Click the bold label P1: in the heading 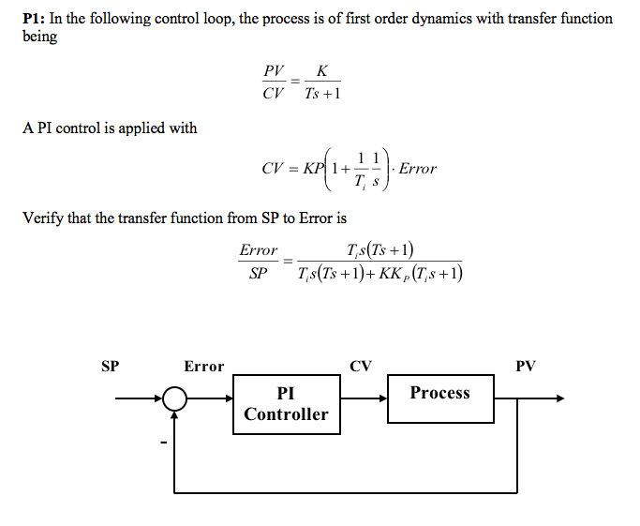point(37,19)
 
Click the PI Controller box point(286,403)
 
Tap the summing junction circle point(174,398)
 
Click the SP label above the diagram point(110,367)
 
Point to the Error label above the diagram point(203,367)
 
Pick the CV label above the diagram point(361,367)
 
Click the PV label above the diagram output point(526,367)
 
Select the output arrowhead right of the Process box point(559,398)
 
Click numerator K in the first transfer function point(322,70)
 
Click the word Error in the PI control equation point(418,169)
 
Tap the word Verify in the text point(45,218)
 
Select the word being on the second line point(39,37)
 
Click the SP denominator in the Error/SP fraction point(260,273)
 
